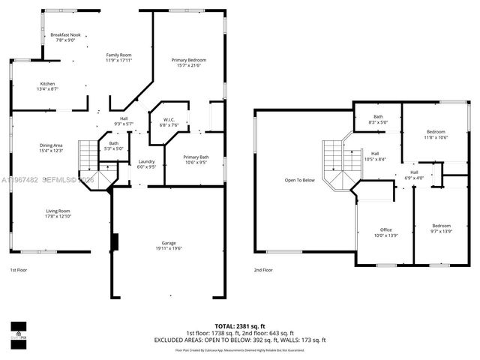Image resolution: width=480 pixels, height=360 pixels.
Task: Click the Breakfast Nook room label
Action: (x=65, y=37)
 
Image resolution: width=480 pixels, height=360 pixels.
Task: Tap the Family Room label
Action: (x=118, y=57)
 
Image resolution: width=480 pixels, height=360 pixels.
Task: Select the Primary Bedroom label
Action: (x=188, y=62)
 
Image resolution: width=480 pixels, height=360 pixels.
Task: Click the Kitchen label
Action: (x=48, y=85)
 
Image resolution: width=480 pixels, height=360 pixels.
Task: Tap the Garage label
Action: (x=167, y=244)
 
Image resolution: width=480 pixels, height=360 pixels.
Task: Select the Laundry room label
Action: (x=146, y=165)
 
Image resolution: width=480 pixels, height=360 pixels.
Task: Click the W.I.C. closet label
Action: (x=169, y=122)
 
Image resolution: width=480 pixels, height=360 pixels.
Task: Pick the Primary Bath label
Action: (x=196, y=158)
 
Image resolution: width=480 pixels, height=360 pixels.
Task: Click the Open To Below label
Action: (x=298, y=180)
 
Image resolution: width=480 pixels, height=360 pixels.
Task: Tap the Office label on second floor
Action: (x=386, y=232)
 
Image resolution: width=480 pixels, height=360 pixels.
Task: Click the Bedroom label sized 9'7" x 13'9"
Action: (x=440, y=229)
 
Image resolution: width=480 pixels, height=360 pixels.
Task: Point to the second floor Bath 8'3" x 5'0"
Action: (x=378, y=119)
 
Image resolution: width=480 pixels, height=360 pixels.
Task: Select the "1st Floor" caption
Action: (x=19, y=269)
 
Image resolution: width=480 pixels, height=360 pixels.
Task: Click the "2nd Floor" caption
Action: (x=262, y=269)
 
